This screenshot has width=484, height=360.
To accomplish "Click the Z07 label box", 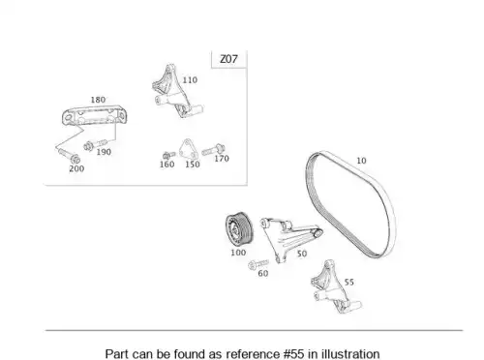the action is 228,59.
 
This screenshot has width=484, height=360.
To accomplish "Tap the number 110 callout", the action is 190,80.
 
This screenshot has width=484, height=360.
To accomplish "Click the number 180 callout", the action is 98,100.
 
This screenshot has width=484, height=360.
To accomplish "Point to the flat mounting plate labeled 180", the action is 94,116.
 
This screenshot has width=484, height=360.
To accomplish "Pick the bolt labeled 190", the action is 95,145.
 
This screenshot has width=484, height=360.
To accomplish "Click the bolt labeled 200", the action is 69,156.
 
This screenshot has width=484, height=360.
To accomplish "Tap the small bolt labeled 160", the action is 168,156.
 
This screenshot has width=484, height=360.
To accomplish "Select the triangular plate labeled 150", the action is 188,149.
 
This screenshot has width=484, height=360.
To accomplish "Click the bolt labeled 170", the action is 213,150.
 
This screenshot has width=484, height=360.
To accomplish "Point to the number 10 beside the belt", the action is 361,161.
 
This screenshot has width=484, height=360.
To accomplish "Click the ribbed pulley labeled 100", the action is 239,229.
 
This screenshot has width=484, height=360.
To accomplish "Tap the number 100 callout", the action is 238,253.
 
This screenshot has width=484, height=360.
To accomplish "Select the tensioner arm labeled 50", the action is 284,235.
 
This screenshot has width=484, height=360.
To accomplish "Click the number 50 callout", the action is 302,254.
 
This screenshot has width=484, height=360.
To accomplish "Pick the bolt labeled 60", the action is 258,264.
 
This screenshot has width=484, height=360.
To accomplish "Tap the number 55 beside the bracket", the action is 349,283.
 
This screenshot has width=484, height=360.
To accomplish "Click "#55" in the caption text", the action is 294,353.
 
